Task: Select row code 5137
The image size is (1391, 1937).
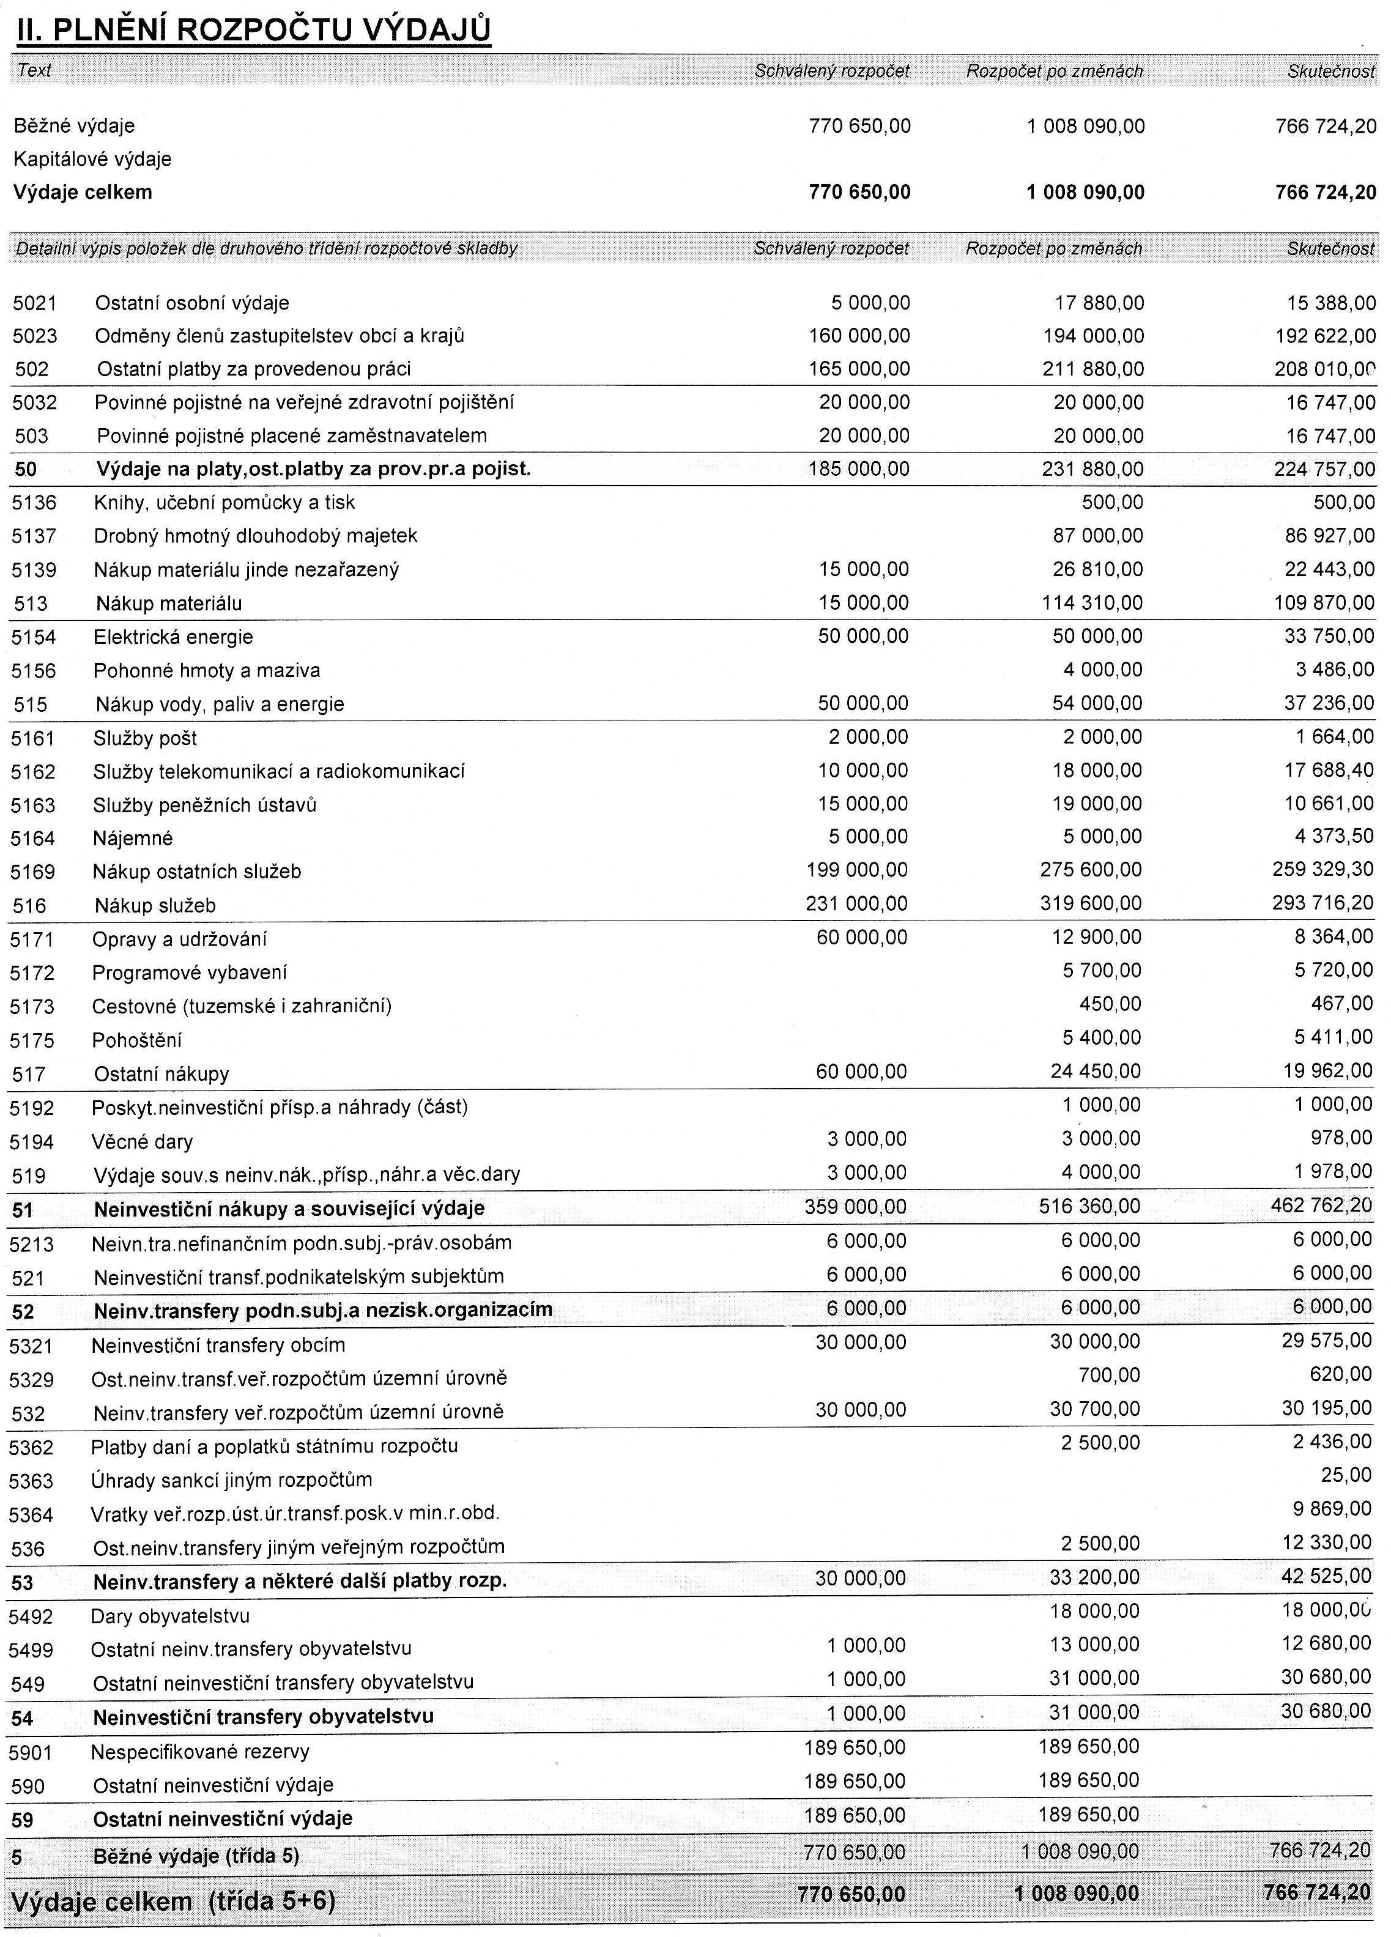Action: coord(34,536)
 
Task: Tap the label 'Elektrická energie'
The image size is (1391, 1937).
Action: coord(174,637)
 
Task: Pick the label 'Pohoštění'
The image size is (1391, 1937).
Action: coord(136,1040)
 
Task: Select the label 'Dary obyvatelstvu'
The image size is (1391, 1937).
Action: coord(170,1615)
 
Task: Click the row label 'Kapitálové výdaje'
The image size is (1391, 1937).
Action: coord(92,159)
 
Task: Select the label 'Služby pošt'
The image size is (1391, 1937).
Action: coord(145,738)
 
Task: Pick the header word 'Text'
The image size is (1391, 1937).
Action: coord(34,70)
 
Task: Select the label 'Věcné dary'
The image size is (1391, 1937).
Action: coord(142,1142)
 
